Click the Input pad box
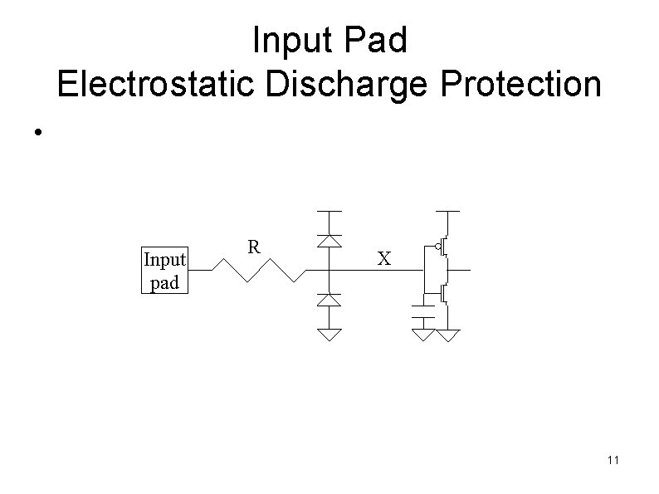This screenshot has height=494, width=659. (x=165, y=271)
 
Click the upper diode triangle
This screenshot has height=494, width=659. (x=330, y=240)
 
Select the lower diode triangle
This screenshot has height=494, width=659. (x=330, y=299)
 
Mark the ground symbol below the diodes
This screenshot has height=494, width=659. (x=330, y=335)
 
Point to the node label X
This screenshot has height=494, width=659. (x=383, y=259)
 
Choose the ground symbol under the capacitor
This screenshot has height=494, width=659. (x=425, y=335)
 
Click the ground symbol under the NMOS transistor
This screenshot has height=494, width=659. (x=448, y=335)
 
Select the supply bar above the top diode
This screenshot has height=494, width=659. (x=330, y=212)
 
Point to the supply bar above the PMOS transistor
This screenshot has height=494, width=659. (x=448, y=212)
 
